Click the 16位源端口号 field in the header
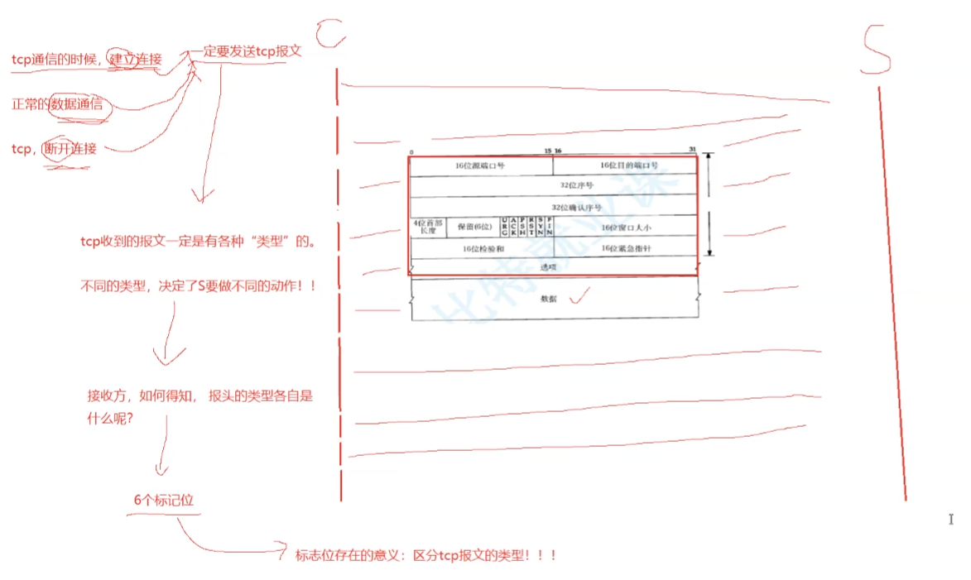tap(480, 165)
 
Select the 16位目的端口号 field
tap(626, 165)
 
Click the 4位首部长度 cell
tap(428, 226)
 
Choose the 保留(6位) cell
tap(474, 226)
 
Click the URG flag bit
tap(505, 226)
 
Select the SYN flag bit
tap(541, 226)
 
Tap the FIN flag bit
tap(549, 226)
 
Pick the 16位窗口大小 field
tap(626, 226)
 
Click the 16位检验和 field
tap(482, 247)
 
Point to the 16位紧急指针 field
tap(626, 247)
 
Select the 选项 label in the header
tap(548, 267)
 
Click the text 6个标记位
tap(164, 501)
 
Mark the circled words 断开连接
tap(70, 149)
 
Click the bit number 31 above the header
tap(692, 151)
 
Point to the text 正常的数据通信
tap(57, 104)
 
